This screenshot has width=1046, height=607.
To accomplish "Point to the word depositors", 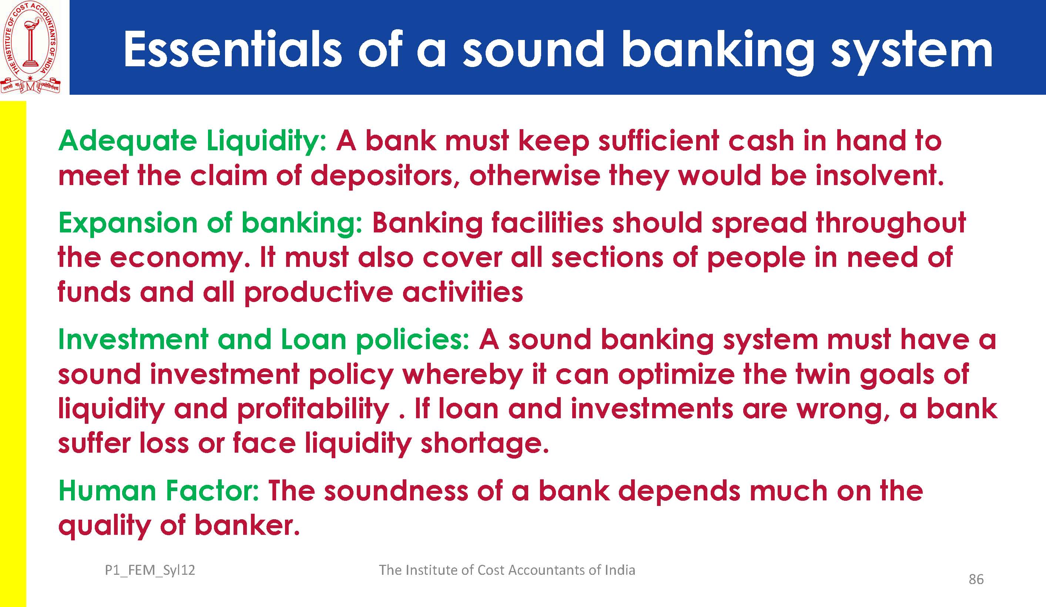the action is click(x=382, y=176).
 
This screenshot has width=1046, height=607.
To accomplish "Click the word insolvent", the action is click(x=879, y=175).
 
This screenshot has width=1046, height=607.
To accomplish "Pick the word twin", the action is click(x=823, y=374).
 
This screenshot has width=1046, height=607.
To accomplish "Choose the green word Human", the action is click(x=107, y=491).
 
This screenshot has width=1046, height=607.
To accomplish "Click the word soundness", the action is click(x=396, y=491).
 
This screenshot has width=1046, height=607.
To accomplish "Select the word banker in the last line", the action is click(x=247, y=525).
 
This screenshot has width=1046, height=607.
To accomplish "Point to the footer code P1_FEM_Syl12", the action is click(x=150, y=570).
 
